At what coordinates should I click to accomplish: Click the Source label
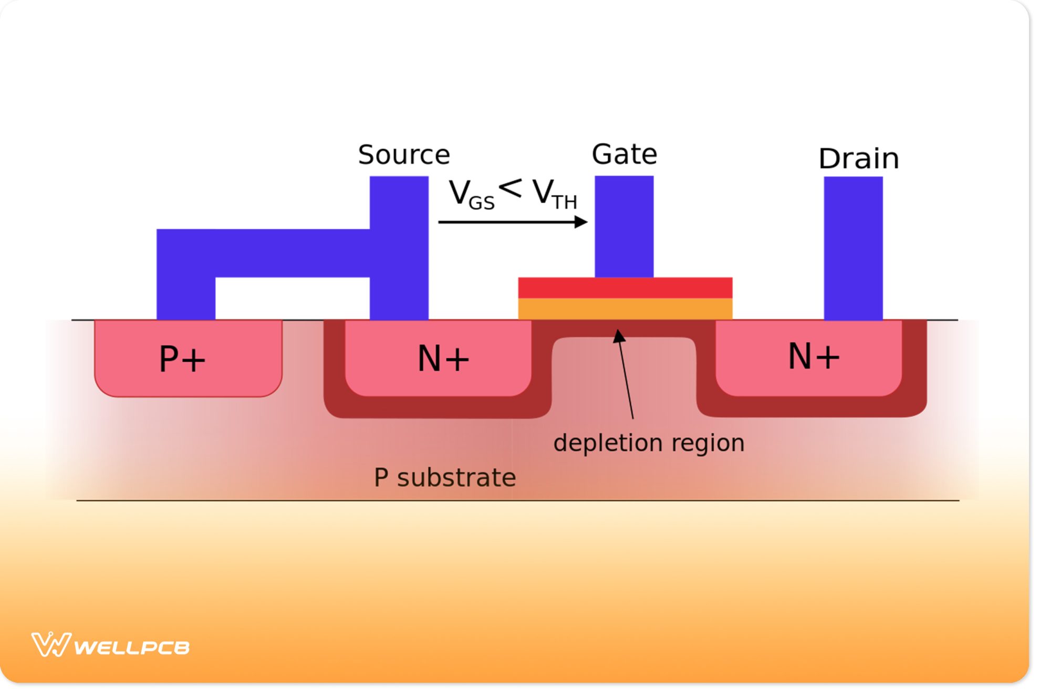404,155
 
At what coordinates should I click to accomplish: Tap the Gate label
624,155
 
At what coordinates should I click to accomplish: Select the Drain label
858,159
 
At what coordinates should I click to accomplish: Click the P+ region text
182,360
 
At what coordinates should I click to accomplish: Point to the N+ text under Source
443,359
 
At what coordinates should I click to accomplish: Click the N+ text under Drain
814,356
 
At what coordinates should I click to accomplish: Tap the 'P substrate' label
444,478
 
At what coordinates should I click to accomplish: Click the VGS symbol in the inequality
471,195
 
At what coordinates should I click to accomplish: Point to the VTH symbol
554,195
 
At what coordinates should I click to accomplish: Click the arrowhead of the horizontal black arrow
581,222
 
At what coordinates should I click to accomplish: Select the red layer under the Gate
625,288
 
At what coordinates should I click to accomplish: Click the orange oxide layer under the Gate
625,309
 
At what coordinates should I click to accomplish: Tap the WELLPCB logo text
131,647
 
